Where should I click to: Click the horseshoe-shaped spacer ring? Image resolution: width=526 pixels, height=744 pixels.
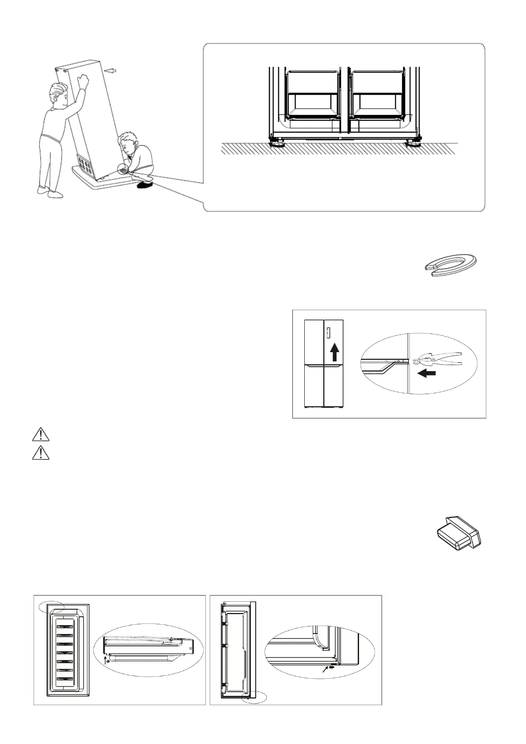tap(450, 265)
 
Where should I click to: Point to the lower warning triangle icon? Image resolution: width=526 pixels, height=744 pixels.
tap(40, 453)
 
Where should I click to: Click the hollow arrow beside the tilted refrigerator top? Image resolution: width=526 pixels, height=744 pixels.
tap(113, 70)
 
